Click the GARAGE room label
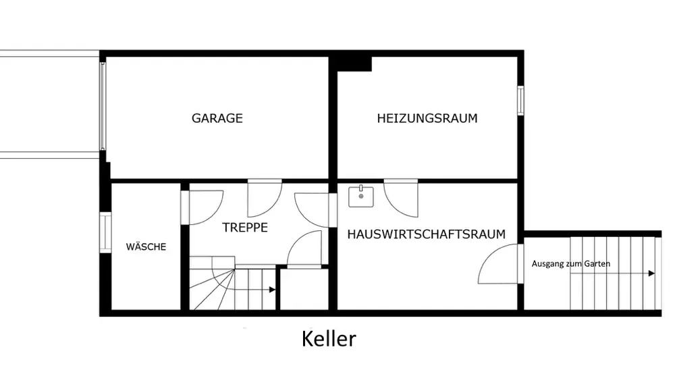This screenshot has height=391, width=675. tap(217, 118)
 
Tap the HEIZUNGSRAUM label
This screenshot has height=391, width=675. tap(427, 118)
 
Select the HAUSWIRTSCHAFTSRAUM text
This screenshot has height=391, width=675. tap(426, 234)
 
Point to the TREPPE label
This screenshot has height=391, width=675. tap(245, 228)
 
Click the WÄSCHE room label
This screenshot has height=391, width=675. tap(146, 247)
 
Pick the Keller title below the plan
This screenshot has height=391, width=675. tap(328, 338)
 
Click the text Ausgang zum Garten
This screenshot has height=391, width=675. tap(571, 263)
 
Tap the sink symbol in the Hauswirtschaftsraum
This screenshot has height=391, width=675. tap(361, 197)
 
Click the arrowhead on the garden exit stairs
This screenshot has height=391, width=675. tap(651, 273)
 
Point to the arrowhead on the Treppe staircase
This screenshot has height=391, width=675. tap(271, 290)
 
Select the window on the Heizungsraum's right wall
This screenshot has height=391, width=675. tap(520, 101)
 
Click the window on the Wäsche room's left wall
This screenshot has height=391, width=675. tap(105, 232)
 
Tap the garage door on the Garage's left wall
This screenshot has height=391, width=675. tap(103, 107)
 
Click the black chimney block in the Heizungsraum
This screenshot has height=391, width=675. tap(354, 63)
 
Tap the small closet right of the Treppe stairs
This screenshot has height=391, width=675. tap(304, 290)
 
